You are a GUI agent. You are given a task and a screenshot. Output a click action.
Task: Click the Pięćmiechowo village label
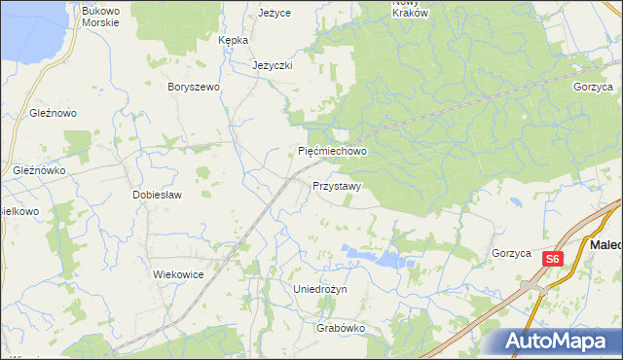pos(332,152)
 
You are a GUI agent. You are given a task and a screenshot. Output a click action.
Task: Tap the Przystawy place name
pos(338,186)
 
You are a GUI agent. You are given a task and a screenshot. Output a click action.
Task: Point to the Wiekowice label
pos(178,274)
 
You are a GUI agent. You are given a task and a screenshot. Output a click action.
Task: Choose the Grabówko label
pos(340,328)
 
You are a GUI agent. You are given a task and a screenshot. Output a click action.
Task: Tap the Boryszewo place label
pos(195,87)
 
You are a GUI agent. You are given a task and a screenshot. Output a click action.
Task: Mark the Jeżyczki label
pos(273,66)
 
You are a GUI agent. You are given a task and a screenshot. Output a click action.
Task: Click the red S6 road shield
pos(553,259)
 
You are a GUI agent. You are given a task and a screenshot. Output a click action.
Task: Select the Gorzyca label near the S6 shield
pos(511,253)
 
